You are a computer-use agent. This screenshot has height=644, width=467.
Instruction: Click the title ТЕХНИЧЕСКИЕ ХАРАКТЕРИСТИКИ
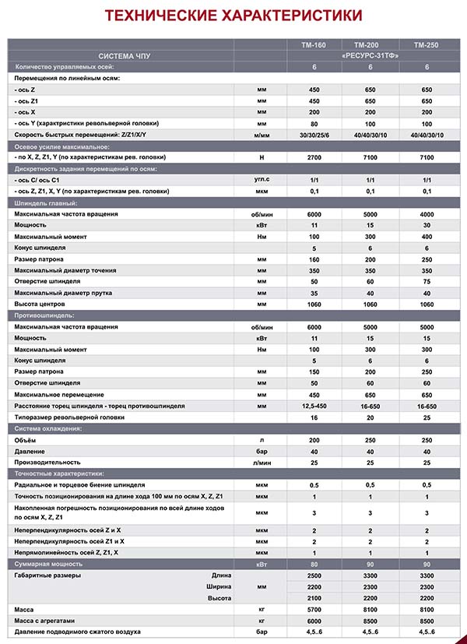pyautogui.click(x=233, y=16)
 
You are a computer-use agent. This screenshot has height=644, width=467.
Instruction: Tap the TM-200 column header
pyautogui.click(x=369, y=46)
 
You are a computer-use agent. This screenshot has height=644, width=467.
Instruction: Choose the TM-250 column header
pyautogui.click(x=426, y=46)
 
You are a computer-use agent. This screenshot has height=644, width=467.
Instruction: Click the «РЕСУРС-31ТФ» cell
pyautogui.click(x=370, y=57)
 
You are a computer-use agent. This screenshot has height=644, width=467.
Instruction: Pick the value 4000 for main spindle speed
pyautogui.click(x=426, y=213)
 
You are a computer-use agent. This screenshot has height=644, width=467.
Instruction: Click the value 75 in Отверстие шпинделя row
pyautogui.click(x=426, y=281)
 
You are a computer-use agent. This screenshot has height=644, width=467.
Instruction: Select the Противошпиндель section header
pyautogui.click(x=44, y=315)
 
